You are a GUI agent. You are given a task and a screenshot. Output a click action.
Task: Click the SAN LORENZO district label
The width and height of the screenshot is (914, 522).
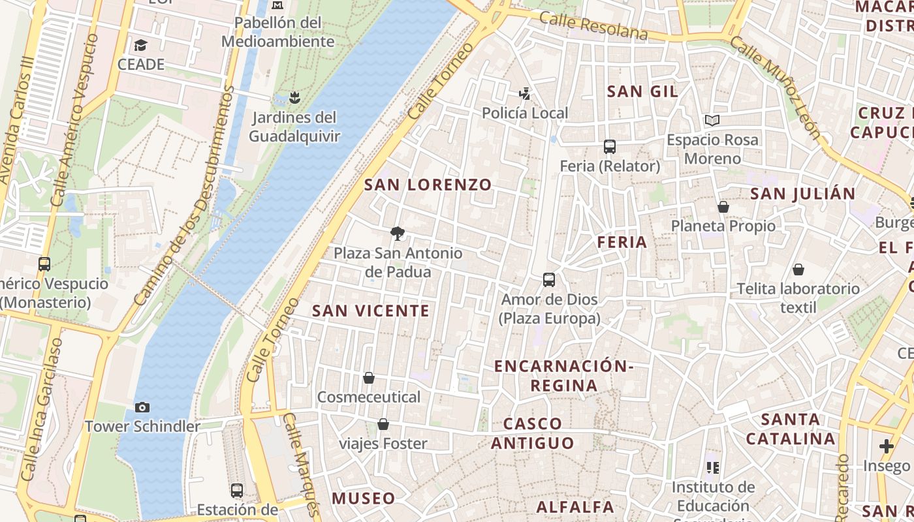(x=428, y=185)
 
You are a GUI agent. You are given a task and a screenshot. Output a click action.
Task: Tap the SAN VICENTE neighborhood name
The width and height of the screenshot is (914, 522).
(x=371, y=311)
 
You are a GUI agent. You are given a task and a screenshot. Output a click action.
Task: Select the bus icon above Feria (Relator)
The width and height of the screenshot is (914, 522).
(x=610, y=147)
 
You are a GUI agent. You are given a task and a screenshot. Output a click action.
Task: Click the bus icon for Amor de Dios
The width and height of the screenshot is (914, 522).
(x=549, y=280)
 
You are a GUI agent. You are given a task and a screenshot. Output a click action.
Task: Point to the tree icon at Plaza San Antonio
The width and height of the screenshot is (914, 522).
(x=396, y=233)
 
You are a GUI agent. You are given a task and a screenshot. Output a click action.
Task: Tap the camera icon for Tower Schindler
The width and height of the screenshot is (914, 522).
(x=142, y=407)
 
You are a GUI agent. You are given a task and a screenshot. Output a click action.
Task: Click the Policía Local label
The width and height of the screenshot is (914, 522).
(x=525, y=113)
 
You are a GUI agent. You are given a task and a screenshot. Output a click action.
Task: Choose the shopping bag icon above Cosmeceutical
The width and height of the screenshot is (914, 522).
(x=369, y=378)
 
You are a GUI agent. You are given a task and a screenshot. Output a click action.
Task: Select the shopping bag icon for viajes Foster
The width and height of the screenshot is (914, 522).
(x=383, y=425)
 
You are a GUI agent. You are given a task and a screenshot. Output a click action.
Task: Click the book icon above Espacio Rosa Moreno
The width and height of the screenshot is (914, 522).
(x=712, y=121)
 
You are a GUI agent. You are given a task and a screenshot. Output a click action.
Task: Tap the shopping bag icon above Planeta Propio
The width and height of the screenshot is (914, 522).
(x=723, y=207)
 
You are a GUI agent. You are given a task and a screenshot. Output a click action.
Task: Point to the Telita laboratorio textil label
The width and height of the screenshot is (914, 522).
(x=798, y=298)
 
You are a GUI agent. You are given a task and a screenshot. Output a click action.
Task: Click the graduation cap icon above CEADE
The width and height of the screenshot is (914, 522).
(x=140, y=45)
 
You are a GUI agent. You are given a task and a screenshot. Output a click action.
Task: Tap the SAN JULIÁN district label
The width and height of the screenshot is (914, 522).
(x=802, y=194)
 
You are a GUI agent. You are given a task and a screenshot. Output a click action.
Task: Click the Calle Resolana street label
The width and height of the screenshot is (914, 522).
(x=593, y=26)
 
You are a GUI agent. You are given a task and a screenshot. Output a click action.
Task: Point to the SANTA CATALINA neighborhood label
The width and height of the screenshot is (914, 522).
(x=791, y=429)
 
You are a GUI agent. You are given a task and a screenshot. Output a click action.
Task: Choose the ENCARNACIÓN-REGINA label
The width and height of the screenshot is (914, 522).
(x=564, y=375)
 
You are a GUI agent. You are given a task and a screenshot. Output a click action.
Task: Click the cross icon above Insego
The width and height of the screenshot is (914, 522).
(x=886, y=446)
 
